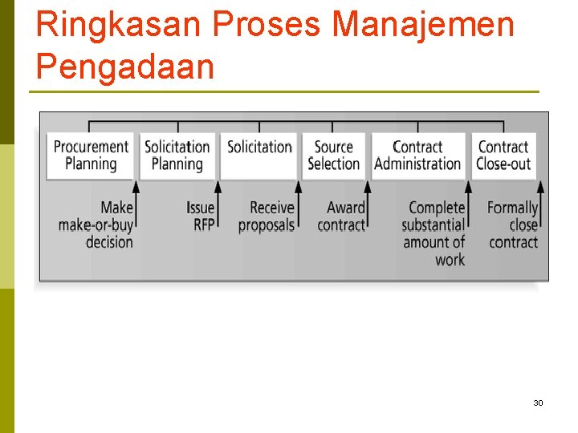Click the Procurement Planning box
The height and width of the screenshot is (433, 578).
tap(91, 156)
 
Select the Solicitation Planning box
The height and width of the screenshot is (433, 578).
tap(177, 156)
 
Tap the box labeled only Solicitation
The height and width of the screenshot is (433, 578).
tap(259, 156)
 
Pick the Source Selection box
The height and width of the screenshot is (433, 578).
tap(334, 156)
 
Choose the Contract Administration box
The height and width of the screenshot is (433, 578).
tap(417, 156)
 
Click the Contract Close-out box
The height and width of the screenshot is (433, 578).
tap(503, 156)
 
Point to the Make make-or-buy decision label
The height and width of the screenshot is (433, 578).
tap(96, 225)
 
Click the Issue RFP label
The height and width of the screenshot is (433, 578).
tap(201, 216)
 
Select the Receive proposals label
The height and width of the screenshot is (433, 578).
tap(267, 216)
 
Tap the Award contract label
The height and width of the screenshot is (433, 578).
tap(342, 216)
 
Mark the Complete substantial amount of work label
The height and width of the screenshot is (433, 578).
tap(433, 233)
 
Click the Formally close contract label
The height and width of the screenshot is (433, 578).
tap(513, 225)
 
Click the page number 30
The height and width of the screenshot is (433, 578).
tap(538, 403)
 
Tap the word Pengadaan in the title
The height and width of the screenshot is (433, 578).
tap(124, 67)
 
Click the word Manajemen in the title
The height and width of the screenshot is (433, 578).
tap(423, 25)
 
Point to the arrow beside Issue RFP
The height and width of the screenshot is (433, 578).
tap(218, 207)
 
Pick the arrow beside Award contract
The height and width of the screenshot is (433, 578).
tap(368, 207)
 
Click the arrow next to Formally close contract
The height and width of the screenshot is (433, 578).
tap(541, 207)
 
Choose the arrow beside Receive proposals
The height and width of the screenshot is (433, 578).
tap(299, 207)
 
